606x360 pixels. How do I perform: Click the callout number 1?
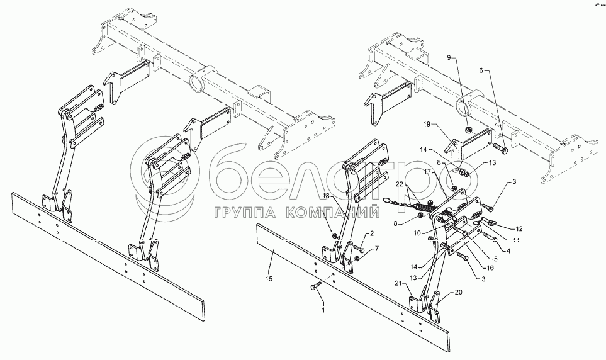(323, 311)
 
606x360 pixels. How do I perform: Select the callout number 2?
(371, 233)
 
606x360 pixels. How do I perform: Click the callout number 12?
(519, 228)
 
